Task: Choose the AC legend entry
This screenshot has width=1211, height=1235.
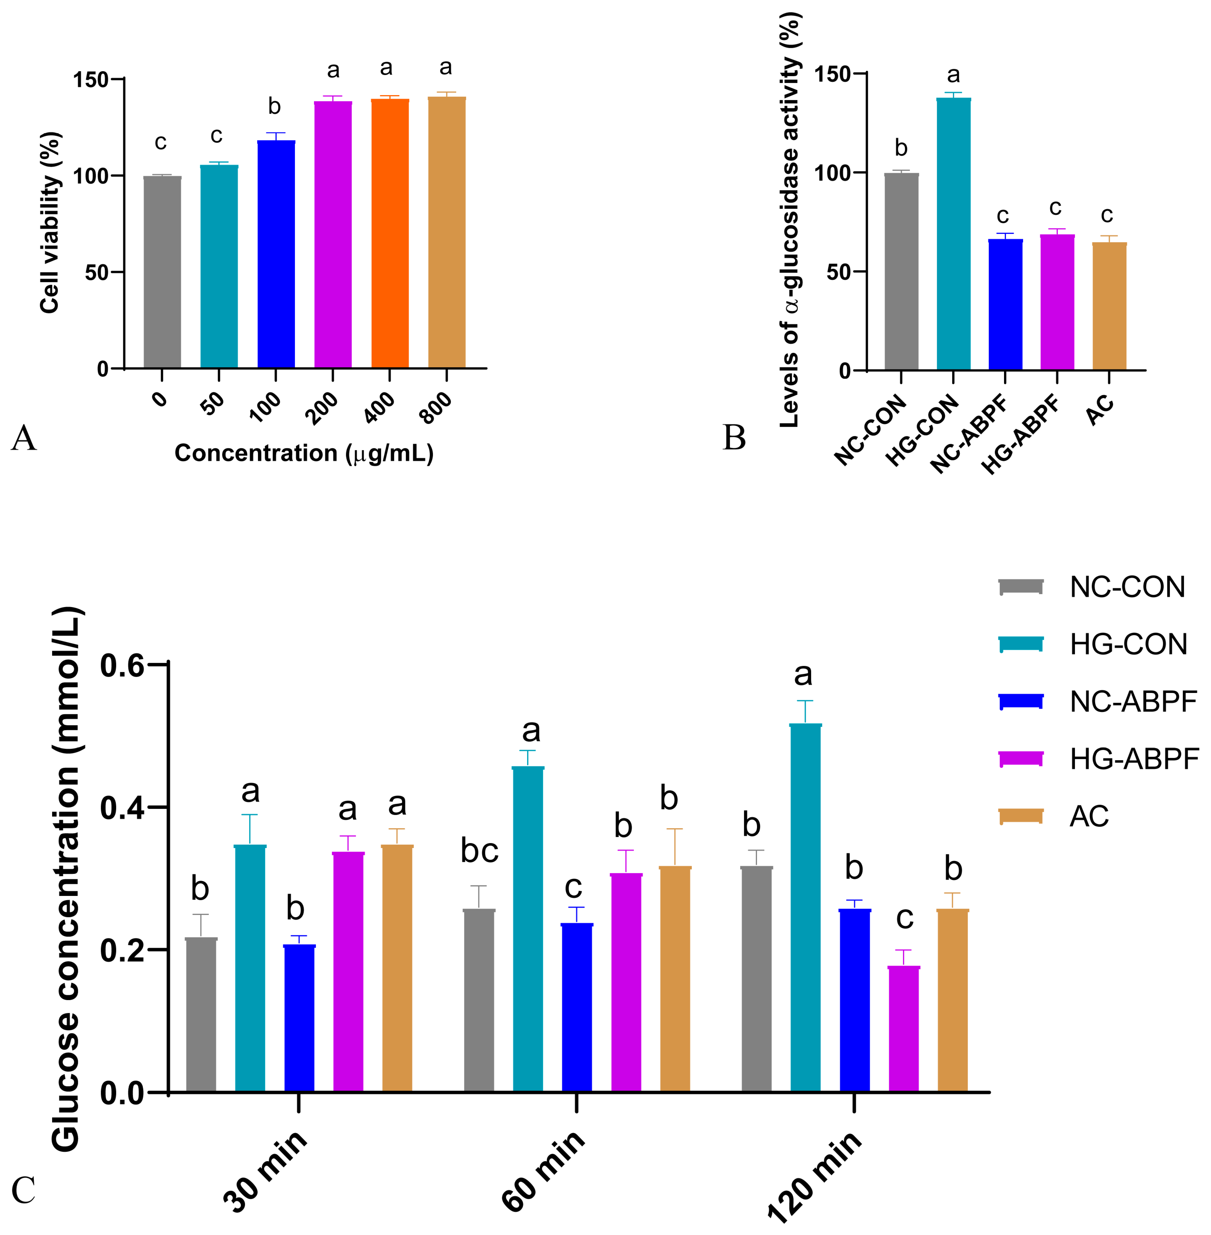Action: [1089, 816]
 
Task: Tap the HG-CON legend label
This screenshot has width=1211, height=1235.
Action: [1128, 644]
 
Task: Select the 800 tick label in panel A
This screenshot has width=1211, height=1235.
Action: [436, 408]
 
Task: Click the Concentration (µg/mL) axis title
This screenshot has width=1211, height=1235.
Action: [304, 453]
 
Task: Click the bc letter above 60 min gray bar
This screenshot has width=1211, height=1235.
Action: [479, 851]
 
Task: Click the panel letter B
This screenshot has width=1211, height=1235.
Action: [734, 438]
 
